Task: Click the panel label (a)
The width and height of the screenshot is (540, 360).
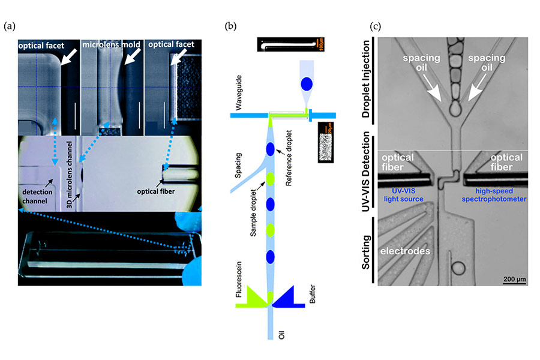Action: (x=10, y=26)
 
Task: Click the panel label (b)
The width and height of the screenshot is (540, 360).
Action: (x=230, y=26)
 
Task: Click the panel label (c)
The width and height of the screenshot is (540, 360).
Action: (x=376, y=26)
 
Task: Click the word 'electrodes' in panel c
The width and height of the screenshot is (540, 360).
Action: (x=407, y=252)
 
